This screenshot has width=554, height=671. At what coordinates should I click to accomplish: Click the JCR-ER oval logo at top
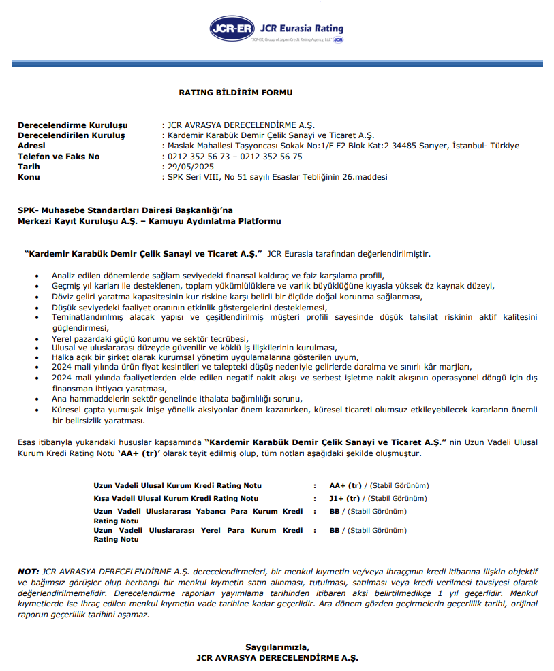(233, 29)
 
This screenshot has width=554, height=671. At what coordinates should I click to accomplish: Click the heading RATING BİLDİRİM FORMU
(236, 92)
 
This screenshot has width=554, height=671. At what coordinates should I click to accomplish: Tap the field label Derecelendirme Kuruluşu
(72, 125)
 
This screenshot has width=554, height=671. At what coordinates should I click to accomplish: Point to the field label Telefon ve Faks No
(59, 156)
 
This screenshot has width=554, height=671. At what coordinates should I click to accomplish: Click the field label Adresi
(31, 146)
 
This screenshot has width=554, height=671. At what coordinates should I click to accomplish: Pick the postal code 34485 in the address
(404, 146)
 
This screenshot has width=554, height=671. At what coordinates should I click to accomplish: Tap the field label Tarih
(29, 166)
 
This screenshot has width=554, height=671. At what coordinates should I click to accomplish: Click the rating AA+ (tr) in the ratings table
(345, 485)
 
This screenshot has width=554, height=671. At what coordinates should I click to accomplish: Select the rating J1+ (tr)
(345, 498)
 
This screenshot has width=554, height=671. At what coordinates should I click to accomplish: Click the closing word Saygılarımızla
(277, 647)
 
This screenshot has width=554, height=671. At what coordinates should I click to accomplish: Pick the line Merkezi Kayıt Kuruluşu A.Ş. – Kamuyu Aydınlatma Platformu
(149, 221)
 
